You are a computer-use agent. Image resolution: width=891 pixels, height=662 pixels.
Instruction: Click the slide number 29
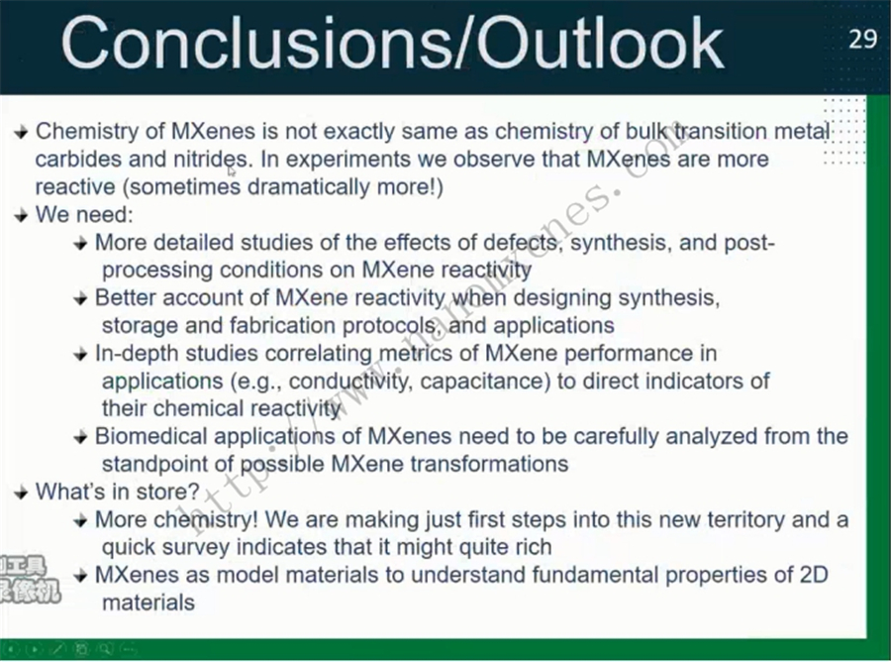coord(862,39)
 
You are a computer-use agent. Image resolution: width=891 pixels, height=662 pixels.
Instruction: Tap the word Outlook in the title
coord(601,44)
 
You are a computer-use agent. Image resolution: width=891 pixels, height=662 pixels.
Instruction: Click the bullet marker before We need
coord(21,216)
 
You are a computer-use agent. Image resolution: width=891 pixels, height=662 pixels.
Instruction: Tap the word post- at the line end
coord(749,244)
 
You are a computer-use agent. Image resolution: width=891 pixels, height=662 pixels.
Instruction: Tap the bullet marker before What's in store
coord(21,493)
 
